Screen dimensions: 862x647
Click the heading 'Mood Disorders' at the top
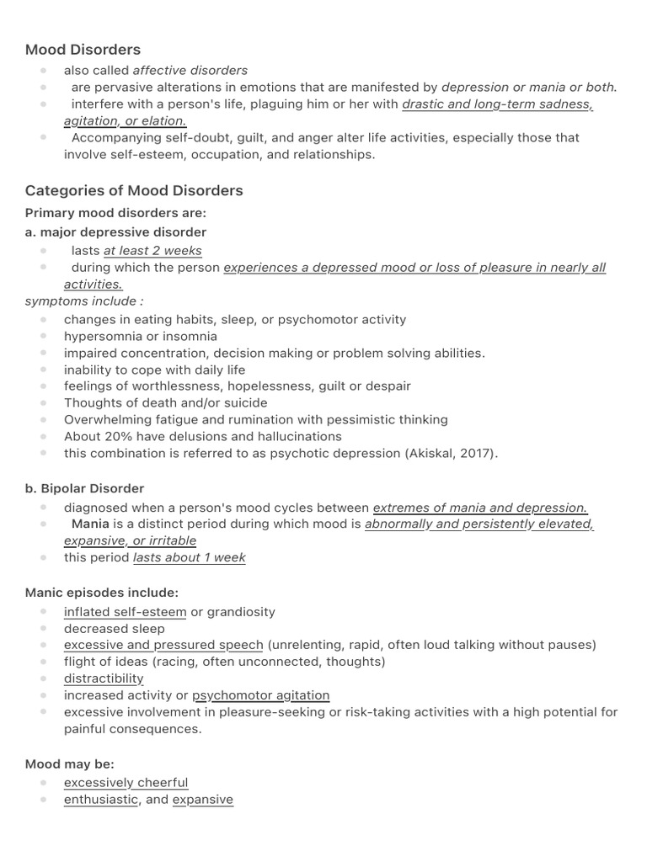83,50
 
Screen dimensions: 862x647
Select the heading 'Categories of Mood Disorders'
134,190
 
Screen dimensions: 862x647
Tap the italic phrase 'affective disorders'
190,71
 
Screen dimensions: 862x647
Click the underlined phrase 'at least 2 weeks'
152,251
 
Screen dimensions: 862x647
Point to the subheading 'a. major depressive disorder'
115,232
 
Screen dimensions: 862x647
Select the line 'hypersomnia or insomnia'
141,337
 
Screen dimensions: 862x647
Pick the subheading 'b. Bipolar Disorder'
84,489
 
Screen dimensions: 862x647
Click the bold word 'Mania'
90,524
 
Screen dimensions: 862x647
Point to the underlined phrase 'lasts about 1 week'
190,558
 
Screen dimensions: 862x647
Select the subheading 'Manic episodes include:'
101,593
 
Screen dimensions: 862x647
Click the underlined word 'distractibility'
104,678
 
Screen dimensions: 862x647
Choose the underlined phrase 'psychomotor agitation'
261,695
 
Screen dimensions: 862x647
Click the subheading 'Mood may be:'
69,764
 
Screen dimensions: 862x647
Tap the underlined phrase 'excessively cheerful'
126,783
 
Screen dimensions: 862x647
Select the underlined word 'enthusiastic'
101,800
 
